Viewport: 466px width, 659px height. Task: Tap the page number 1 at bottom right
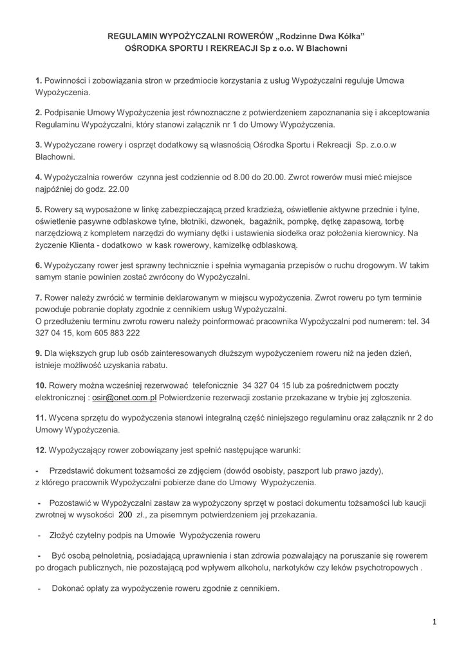tap(434, 622)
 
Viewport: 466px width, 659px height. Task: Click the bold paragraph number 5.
tap(38, 209)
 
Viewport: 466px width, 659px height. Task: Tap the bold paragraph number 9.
tap(38, 353)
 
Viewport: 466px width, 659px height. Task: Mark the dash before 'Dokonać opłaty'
tap(39, 589)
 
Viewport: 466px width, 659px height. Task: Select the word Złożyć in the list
tap(62, 535)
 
